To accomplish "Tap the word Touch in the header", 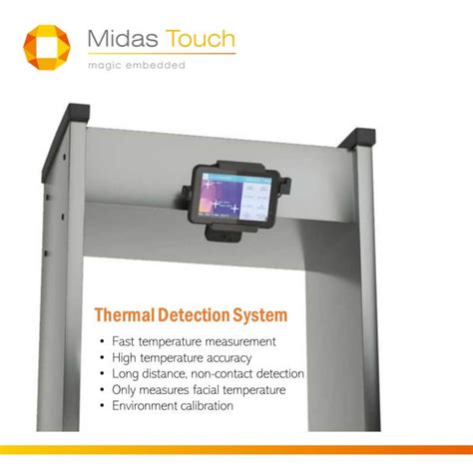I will click(x=201, y=40).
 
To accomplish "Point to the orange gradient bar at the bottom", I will click(x=236, y=450).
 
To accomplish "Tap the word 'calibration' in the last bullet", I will click(x=202, y=405).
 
